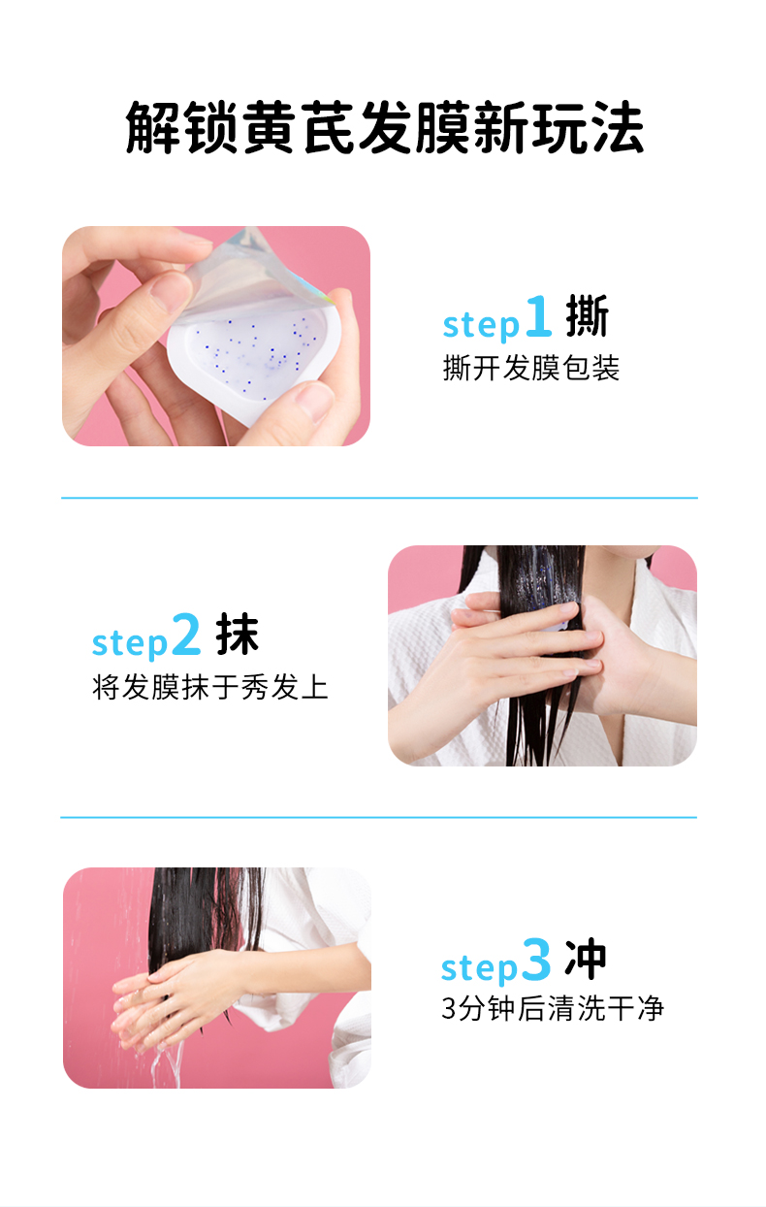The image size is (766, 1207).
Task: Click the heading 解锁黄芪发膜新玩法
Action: pos(384,127)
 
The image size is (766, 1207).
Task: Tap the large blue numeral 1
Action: pos(538,316)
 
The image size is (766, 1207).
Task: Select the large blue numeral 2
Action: pos(186,635)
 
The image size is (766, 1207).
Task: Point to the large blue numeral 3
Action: pos(535,960)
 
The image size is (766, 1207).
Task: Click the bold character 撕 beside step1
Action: pos(587,316)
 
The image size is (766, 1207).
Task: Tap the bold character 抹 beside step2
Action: pos(238,635)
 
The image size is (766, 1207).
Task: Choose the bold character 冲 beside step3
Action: pos(586,960)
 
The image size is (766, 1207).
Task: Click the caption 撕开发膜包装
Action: pos(530,369)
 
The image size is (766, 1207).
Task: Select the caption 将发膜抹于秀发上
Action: pos(210,687)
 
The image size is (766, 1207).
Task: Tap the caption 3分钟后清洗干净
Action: pos(553,1008)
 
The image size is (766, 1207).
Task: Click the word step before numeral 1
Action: pos(481,324)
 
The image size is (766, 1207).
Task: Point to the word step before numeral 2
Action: pos(130,643)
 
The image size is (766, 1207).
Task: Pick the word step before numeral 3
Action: pos(479,967)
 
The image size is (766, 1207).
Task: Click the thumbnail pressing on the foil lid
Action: pos(169,293)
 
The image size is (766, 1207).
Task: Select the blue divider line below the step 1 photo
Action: pos(379,498)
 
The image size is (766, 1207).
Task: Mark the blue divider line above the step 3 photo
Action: pos(378,817)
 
